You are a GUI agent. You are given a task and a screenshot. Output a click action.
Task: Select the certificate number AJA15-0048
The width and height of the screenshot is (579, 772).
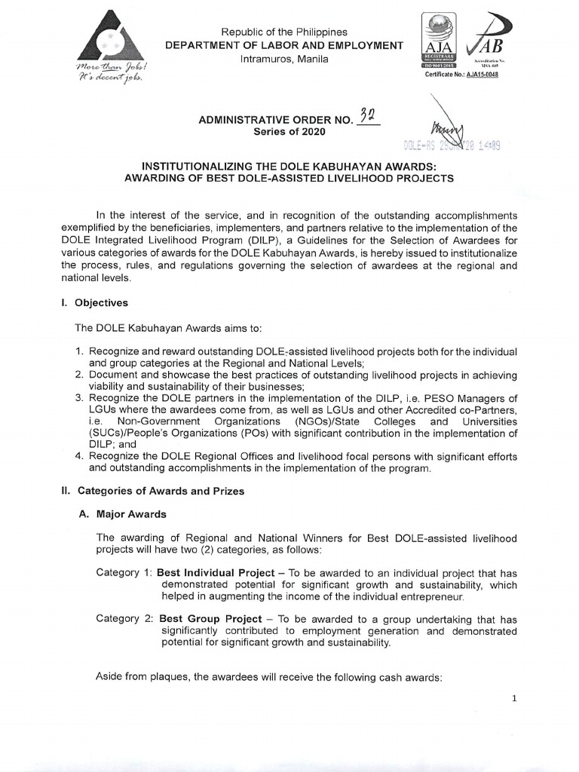pyautogui.click(x=479, y=75)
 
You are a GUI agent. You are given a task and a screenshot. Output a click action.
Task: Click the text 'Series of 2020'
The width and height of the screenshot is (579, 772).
pyautogui.click(x=289, y=132)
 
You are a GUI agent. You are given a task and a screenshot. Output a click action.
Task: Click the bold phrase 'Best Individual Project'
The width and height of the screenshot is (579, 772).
pyautogui.click(x=216, y=573)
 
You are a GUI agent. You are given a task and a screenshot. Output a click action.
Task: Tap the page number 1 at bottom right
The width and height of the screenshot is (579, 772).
pyautogui.click(x=514, y=699)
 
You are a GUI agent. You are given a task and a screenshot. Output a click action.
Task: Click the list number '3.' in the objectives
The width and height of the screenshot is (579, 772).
pyautogui.click(x=79, y=398)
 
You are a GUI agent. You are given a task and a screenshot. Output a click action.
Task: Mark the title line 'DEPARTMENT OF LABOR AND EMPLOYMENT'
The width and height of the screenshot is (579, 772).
pyautogui.click(x=284, y=46)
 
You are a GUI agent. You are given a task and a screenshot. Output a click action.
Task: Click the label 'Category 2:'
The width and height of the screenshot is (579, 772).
pyautogui.click(x=124, y=620)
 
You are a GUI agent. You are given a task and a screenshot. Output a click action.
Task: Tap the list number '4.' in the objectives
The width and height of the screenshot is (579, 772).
pyautogui.click(x=79, y=456)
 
